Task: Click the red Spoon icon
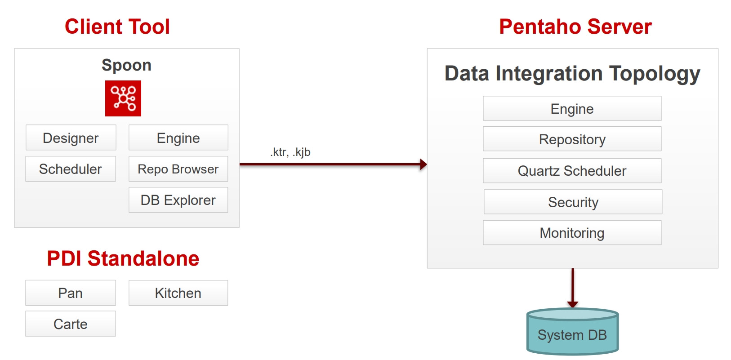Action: [123, 98]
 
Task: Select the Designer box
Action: [71, 138]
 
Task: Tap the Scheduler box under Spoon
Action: [71, 169]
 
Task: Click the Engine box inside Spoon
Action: [178, 138]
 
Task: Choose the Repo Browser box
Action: [178, 169]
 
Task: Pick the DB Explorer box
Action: [178, 200]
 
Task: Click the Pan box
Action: [71, 293]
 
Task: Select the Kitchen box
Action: [178, 293]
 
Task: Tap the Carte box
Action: [71, 324]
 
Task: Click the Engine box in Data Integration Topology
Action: [572, 108]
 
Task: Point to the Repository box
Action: [572, 139]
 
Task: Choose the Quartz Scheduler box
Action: [572, 171]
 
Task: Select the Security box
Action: [573, 202]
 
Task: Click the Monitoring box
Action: [572, 232]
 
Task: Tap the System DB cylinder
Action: [572, 331]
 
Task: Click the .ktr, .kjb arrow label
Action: [290, 152]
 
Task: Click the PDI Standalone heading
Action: [123, 258]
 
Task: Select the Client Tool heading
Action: [117, 27]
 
